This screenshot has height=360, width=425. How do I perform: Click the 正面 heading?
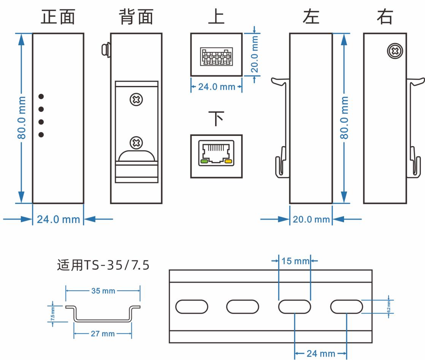[58, 18]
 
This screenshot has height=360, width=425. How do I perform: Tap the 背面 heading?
[135, 18]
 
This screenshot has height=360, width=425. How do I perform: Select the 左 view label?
[311, 18]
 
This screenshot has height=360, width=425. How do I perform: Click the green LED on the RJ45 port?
[204, 161]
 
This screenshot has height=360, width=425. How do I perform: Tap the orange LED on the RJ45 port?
[228, 161]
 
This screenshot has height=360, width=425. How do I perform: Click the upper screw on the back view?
[136, 100]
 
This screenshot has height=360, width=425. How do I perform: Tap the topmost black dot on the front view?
[41, 96]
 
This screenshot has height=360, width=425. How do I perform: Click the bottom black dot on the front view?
[41, 134]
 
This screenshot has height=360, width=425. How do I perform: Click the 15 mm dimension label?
[295, 261]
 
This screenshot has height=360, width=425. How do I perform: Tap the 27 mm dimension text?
[103, 334]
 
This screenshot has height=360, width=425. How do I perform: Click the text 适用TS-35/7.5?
[103, 265]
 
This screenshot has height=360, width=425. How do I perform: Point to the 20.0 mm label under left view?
[311, 219]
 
